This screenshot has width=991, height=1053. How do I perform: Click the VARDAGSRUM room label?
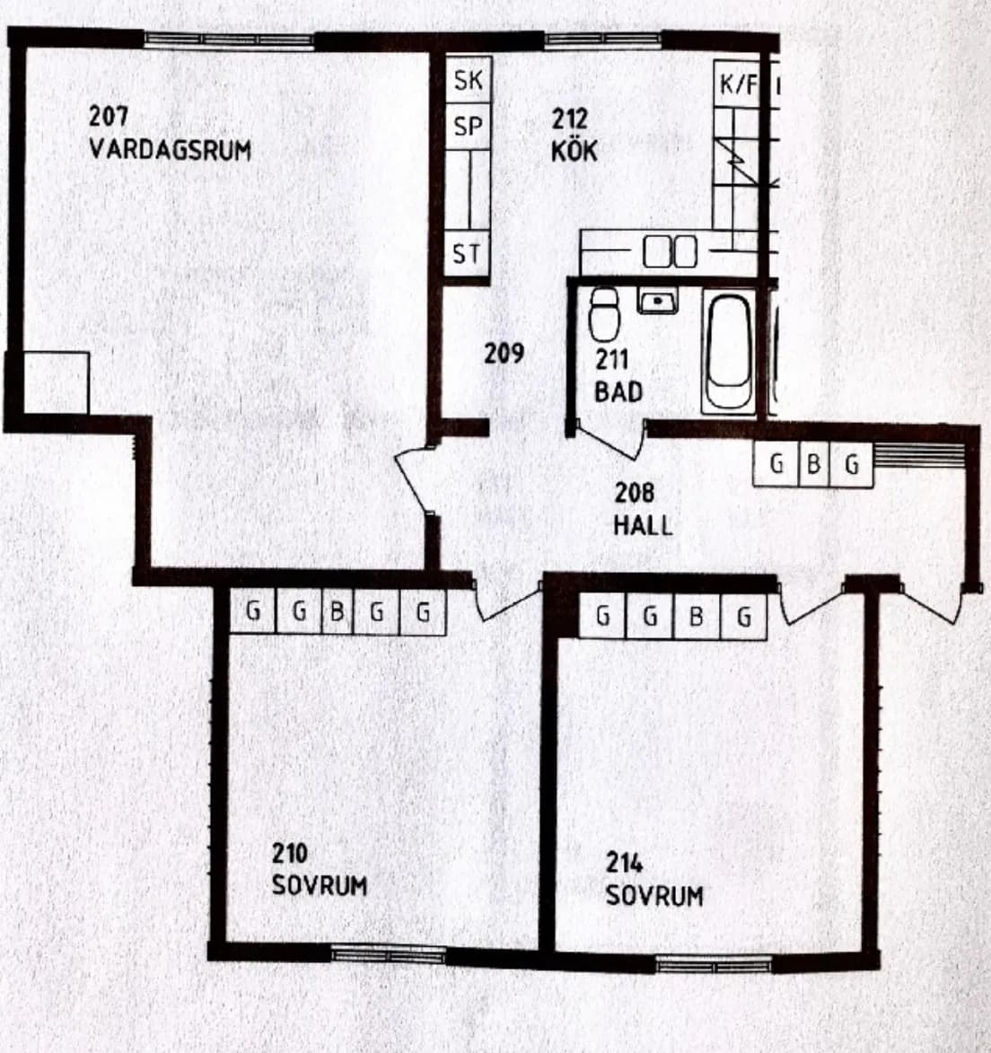pos(170,149)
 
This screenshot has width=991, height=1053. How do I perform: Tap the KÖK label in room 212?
pos(574,151)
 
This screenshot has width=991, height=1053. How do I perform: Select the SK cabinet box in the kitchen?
pos(468,81)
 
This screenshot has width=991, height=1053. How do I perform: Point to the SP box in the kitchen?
pos(468,128)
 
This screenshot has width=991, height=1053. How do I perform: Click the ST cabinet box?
pos(467,255)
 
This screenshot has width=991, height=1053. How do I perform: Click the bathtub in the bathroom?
pos(728,353)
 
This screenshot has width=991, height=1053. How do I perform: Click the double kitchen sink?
pos(671,252)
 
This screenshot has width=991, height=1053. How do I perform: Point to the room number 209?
pos(504,354)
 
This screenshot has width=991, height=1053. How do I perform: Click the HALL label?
pos(643,525)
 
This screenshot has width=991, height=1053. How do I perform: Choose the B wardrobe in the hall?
pos(813,465)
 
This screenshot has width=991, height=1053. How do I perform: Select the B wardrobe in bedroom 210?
pos(337,612)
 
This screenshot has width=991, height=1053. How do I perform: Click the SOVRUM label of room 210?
pos(320,885)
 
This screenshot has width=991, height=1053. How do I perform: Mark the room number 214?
pos(624,863)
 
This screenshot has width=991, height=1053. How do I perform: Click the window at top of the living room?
pos(229,40)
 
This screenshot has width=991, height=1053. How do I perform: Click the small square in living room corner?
pos(56,382)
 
